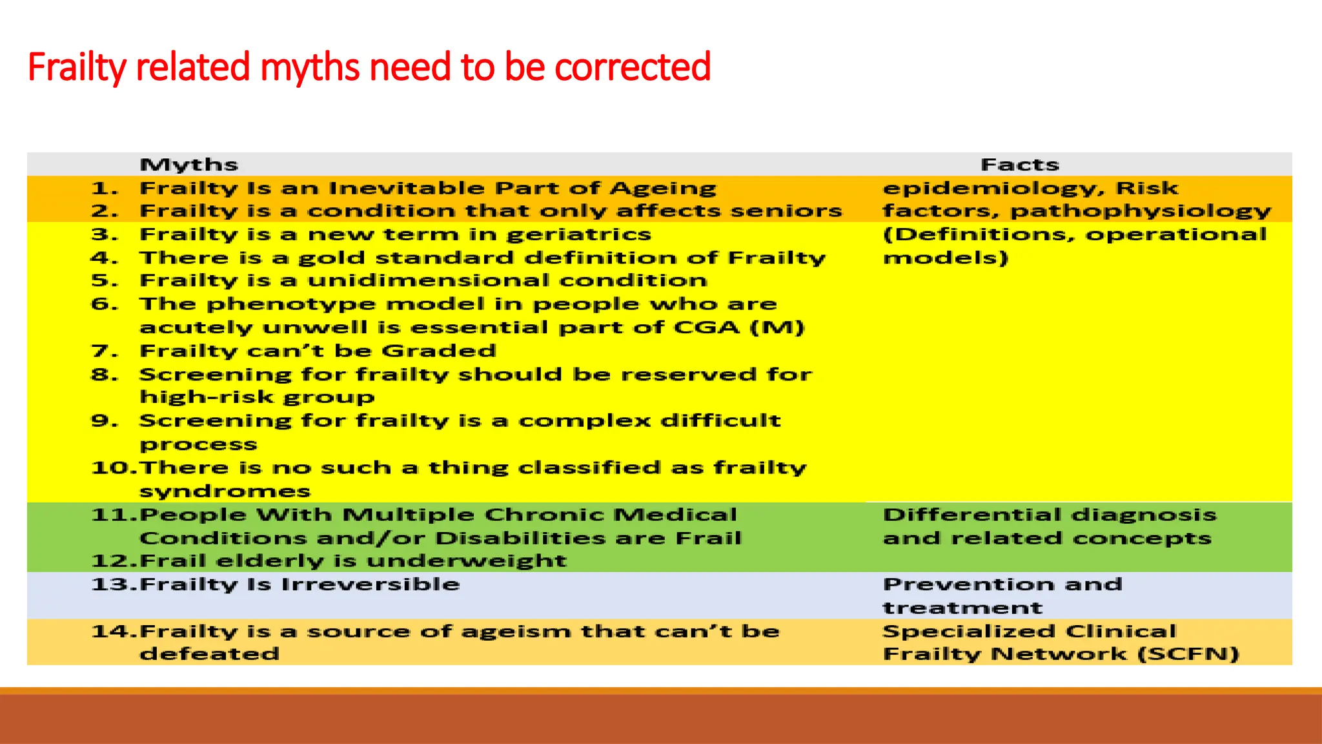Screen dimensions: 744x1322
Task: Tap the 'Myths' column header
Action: click(x=188, y=165)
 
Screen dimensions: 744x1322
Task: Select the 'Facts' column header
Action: click(x=1019, y=165)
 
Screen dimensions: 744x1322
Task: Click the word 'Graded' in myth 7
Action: click(x=438, y=351)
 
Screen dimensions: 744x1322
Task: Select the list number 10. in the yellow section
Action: click(x=114, y=468)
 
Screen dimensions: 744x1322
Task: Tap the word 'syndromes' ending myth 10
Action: click(x=225, y=491)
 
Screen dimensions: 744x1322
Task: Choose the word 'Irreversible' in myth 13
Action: click(x=371, y=584)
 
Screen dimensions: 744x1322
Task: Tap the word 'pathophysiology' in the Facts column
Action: click(x=1140, y=212)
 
